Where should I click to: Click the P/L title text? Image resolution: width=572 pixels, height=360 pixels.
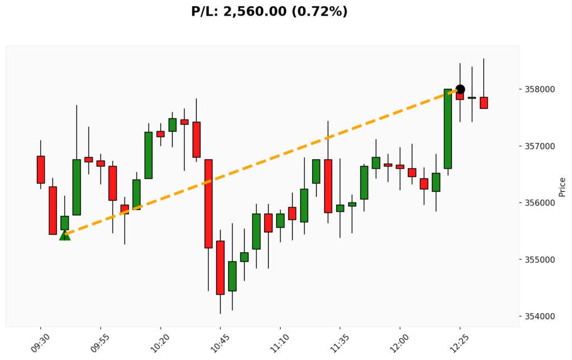pyautogui.click(x=269, y=11)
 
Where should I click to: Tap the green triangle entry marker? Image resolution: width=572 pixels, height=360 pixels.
pyautogui.click(x=65, y=235)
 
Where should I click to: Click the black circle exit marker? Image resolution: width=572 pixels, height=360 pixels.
pyautogui.click(x=460, y=89)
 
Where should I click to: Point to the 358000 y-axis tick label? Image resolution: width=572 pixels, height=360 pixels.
pyautogui.click(x=540, y=89)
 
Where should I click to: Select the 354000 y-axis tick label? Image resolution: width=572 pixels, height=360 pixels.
pyautogui.click(x=540, y=316)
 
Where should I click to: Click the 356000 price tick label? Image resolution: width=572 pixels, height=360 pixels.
pyautogui.click(x=540, y=203)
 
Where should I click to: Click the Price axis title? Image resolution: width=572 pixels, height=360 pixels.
pyautogui.click(x=562, y=187)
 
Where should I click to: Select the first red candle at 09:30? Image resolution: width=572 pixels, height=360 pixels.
pyautogui.click(x=41, y=169)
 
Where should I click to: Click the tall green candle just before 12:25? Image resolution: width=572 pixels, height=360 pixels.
pyautogui.click(x=448, y=129)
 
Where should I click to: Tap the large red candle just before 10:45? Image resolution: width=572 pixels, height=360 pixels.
pyautogui.click(x=208, y=203)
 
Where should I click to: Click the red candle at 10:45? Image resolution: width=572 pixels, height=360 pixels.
pyautogui.click(x=220, y=267)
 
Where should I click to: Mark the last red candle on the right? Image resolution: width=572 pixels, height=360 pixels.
pyautogui.click(x=484, y=103)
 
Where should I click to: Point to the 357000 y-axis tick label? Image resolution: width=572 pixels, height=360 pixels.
pyautogui.click(x=540, y=146)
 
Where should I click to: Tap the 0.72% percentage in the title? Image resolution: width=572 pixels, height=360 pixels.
pyautogui.click(x=320, y=11)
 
